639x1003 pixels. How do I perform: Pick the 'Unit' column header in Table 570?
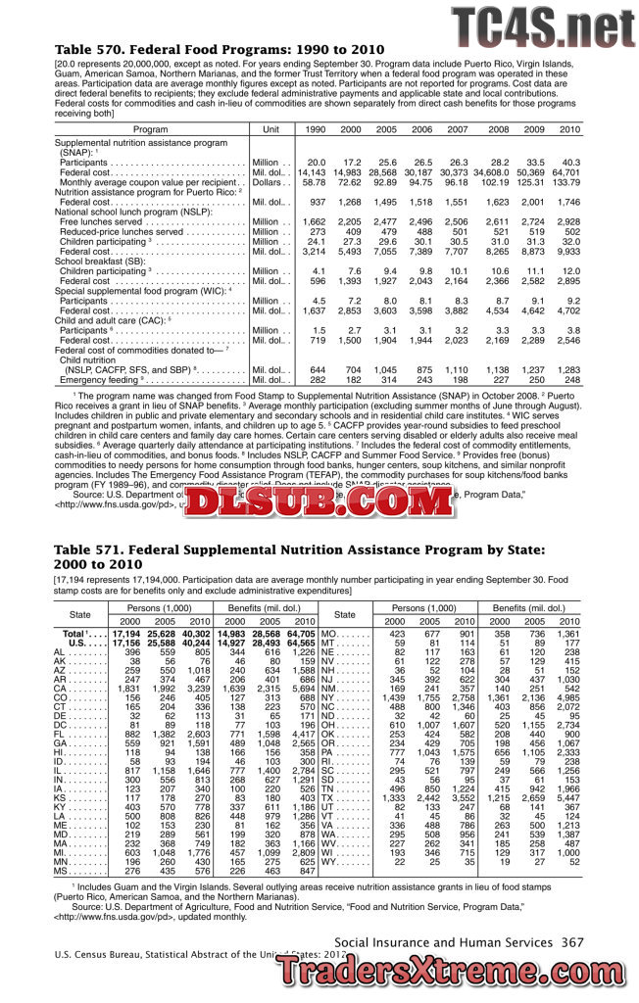[272, 129]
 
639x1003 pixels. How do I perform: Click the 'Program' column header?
[150, 129]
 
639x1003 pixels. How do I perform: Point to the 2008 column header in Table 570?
[498, 129]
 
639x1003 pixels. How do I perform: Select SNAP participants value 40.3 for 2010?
[570, 163]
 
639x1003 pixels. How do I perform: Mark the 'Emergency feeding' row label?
[102, 379]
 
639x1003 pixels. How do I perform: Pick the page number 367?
[572, 941]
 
